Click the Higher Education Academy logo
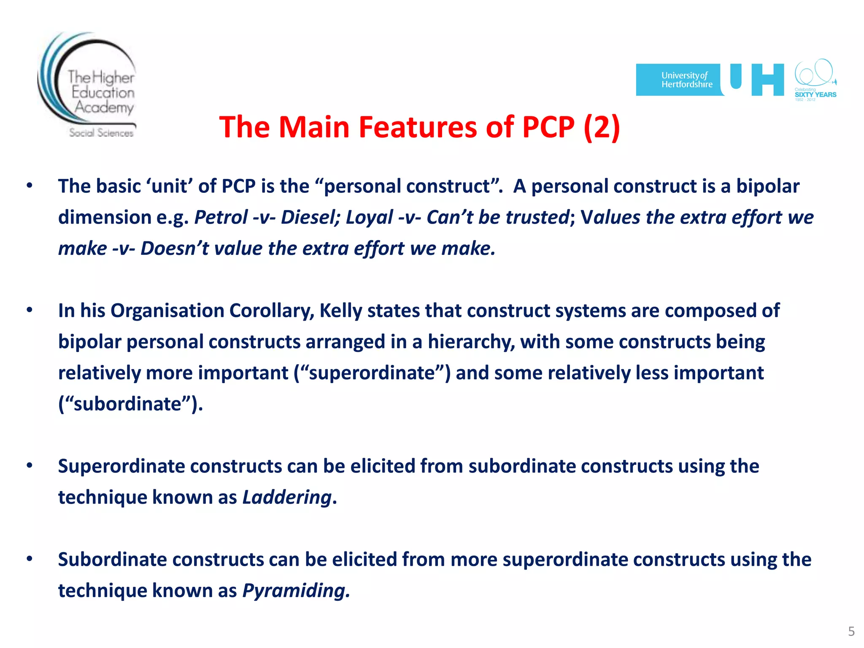click(x=88, y=84)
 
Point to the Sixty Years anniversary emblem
click(x=815, y=80)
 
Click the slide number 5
click(x=851, y=632)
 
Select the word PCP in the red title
click(x=548, y=127)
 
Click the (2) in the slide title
click(x=602, y=127)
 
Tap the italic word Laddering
click(x=287, y=497)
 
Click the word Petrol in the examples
click(x=221, y=218)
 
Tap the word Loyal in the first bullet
click(x=369, y=218)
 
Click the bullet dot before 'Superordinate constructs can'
click(x=29, y=466)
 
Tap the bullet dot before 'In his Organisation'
click(x=29, y=310)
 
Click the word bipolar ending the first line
click(x=767, y=186)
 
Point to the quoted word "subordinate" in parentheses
click(x=127, y=404)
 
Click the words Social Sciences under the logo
click(x=101, y=133)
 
